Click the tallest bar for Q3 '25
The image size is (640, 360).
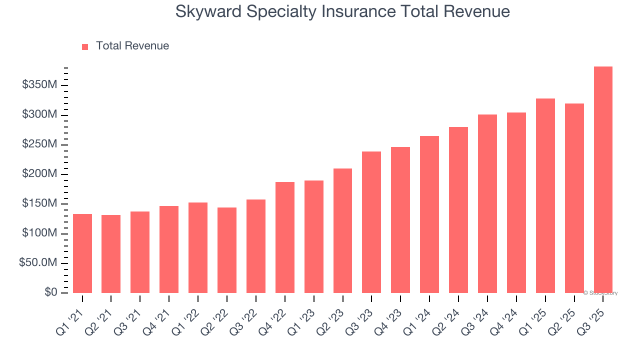click(603, 180)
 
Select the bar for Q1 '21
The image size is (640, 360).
click(82, 253)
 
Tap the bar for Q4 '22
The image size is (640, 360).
click(285, 237)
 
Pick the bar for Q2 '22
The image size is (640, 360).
click(227, 250)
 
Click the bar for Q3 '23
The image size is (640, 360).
click(371, 222)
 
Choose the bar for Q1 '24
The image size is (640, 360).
click(429, 214)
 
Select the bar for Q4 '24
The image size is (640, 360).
click(516, 202)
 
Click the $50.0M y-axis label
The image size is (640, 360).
click(38, 263)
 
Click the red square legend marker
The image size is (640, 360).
click(85, 46)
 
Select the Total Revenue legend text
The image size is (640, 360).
click(132, 46)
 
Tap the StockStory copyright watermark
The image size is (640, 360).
click(600, 293)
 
